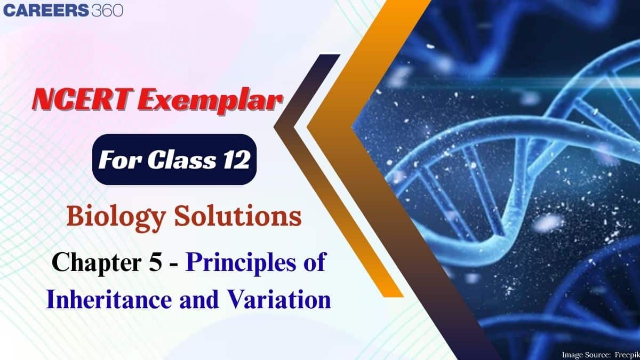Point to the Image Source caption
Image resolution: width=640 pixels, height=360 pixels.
tap(598, 354)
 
